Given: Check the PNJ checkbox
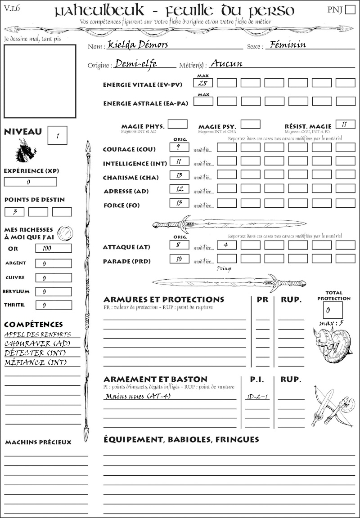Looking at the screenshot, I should (x=349, y=10).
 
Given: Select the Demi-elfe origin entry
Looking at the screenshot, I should (x=136, y=64).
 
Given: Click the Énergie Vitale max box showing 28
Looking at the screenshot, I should (x=203, y=83).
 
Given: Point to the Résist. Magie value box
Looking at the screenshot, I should (x=346, y=124).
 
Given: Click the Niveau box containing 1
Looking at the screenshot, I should (x=58, y=135).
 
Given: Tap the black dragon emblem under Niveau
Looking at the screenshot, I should (x=25, y=151).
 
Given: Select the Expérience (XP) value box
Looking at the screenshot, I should (x=30, y=182).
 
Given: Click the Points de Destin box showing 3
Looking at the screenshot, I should (x=14, y=212).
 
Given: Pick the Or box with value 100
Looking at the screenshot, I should (x=53, y=248).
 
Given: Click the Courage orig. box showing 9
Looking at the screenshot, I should (x=179, y=147).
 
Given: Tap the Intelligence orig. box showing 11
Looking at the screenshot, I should (x=179, y=161).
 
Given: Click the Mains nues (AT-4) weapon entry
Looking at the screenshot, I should (x=138, y=396).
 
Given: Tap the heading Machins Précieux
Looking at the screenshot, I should (x=38, y=442).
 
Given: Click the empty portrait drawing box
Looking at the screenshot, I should (x=40, y=81).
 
